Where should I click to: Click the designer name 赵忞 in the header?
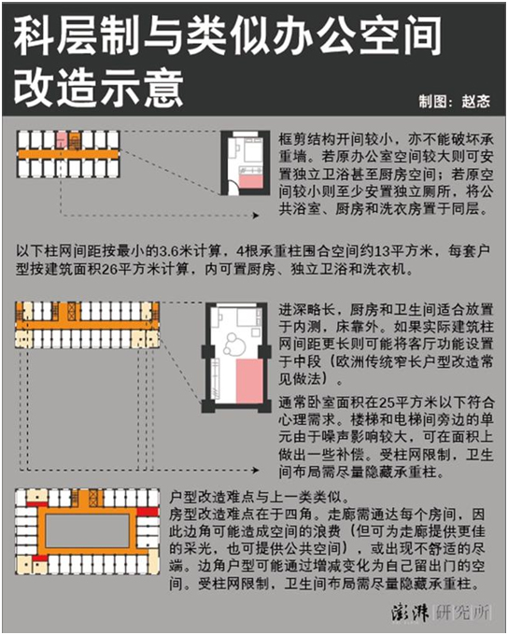click(475, 101)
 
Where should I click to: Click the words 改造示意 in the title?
click(98, 87)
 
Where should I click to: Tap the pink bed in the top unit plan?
click(251, 180)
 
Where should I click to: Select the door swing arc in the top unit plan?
click(233, 186)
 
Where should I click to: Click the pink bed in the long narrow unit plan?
click(249, 381)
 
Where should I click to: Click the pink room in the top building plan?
click(62, 140)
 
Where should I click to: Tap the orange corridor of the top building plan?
click(68, 154)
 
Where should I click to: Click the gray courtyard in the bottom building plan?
click(87, 530)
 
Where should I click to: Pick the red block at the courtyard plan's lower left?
click(40, 558)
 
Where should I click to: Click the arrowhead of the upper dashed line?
click(256, 216)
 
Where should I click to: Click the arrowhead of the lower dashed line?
click(256, 470)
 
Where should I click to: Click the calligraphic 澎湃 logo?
click(410, 613)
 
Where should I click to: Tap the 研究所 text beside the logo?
click(462, 613)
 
